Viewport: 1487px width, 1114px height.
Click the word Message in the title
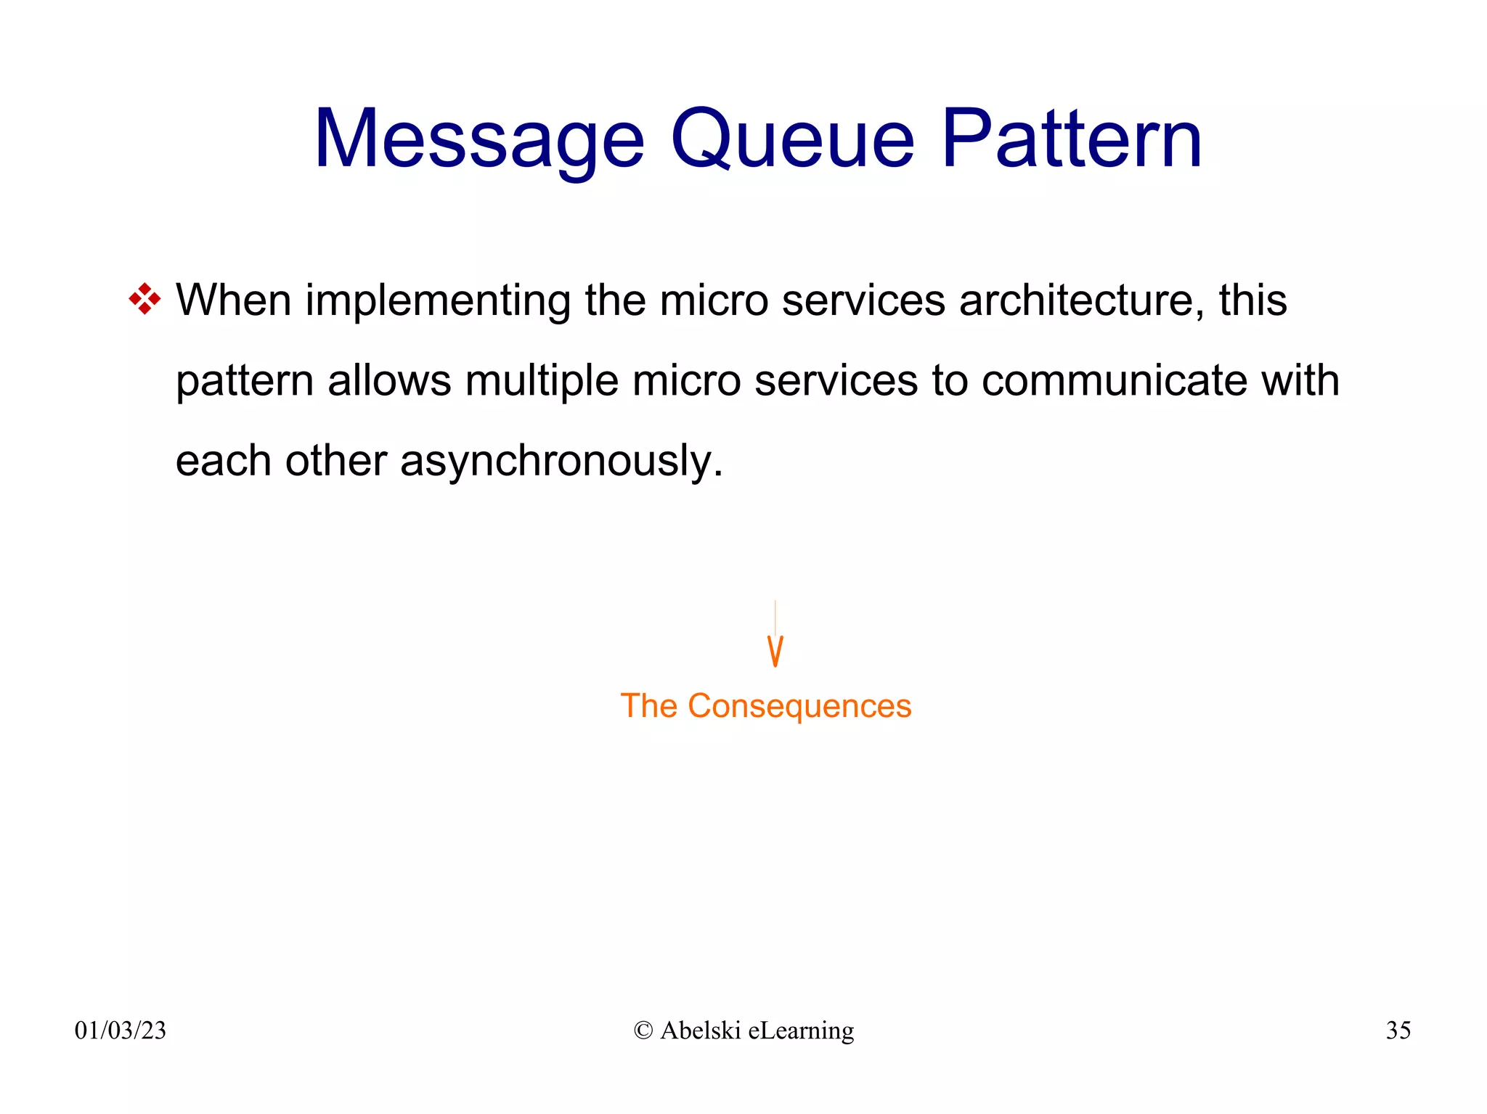point(479,139)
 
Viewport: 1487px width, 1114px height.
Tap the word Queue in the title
point(792,139)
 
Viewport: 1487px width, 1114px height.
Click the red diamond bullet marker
point(144,300)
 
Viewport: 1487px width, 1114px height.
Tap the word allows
point(389,380)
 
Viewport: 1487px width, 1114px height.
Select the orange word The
point(648,706)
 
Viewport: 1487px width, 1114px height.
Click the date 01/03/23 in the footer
point(121,1031)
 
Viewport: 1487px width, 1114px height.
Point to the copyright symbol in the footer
point(643,1031)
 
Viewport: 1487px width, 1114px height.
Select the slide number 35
point(1398,1031)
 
